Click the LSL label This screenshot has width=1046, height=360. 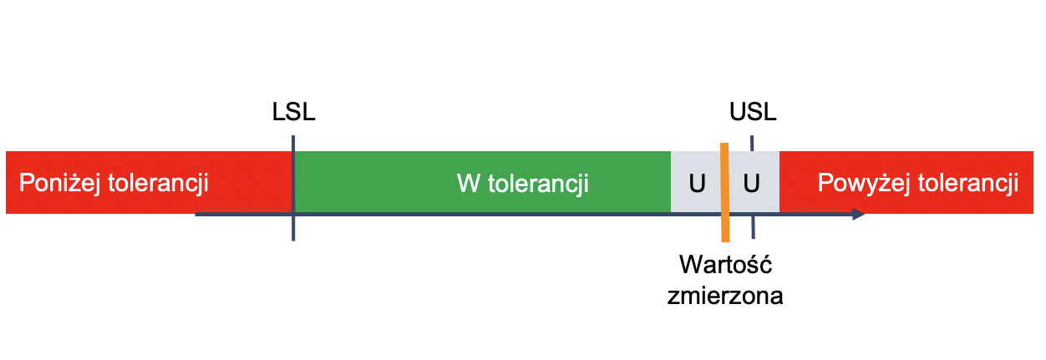coord(294,112)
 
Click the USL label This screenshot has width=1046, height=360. coord(753,112)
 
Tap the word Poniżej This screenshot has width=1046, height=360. coord(60,183)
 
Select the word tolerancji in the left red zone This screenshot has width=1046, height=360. coord(158,183)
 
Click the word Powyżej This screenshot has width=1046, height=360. coord(864,183)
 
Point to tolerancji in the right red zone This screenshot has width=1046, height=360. coord(968,183)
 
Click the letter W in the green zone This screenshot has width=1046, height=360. coord(469,184)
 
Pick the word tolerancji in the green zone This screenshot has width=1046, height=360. coord(538,184)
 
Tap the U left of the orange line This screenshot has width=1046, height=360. coord(697,184)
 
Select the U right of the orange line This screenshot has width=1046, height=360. coord(751,184)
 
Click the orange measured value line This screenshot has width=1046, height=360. coord(724,192)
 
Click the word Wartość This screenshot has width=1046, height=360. coord(726,265)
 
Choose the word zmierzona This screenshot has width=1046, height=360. coord(725,297)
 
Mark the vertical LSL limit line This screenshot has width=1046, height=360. coord(293,188)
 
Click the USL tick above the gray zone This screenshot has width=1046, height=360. coord(752,144)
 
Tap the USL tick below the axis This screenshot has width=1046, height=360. coord(753,227)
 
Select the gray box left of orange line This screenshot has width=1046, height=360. coord(696,182)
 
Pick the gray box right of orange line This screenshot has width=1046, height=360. coord(754,182)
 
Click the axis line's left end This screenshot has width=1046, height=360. coord(195,215)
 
